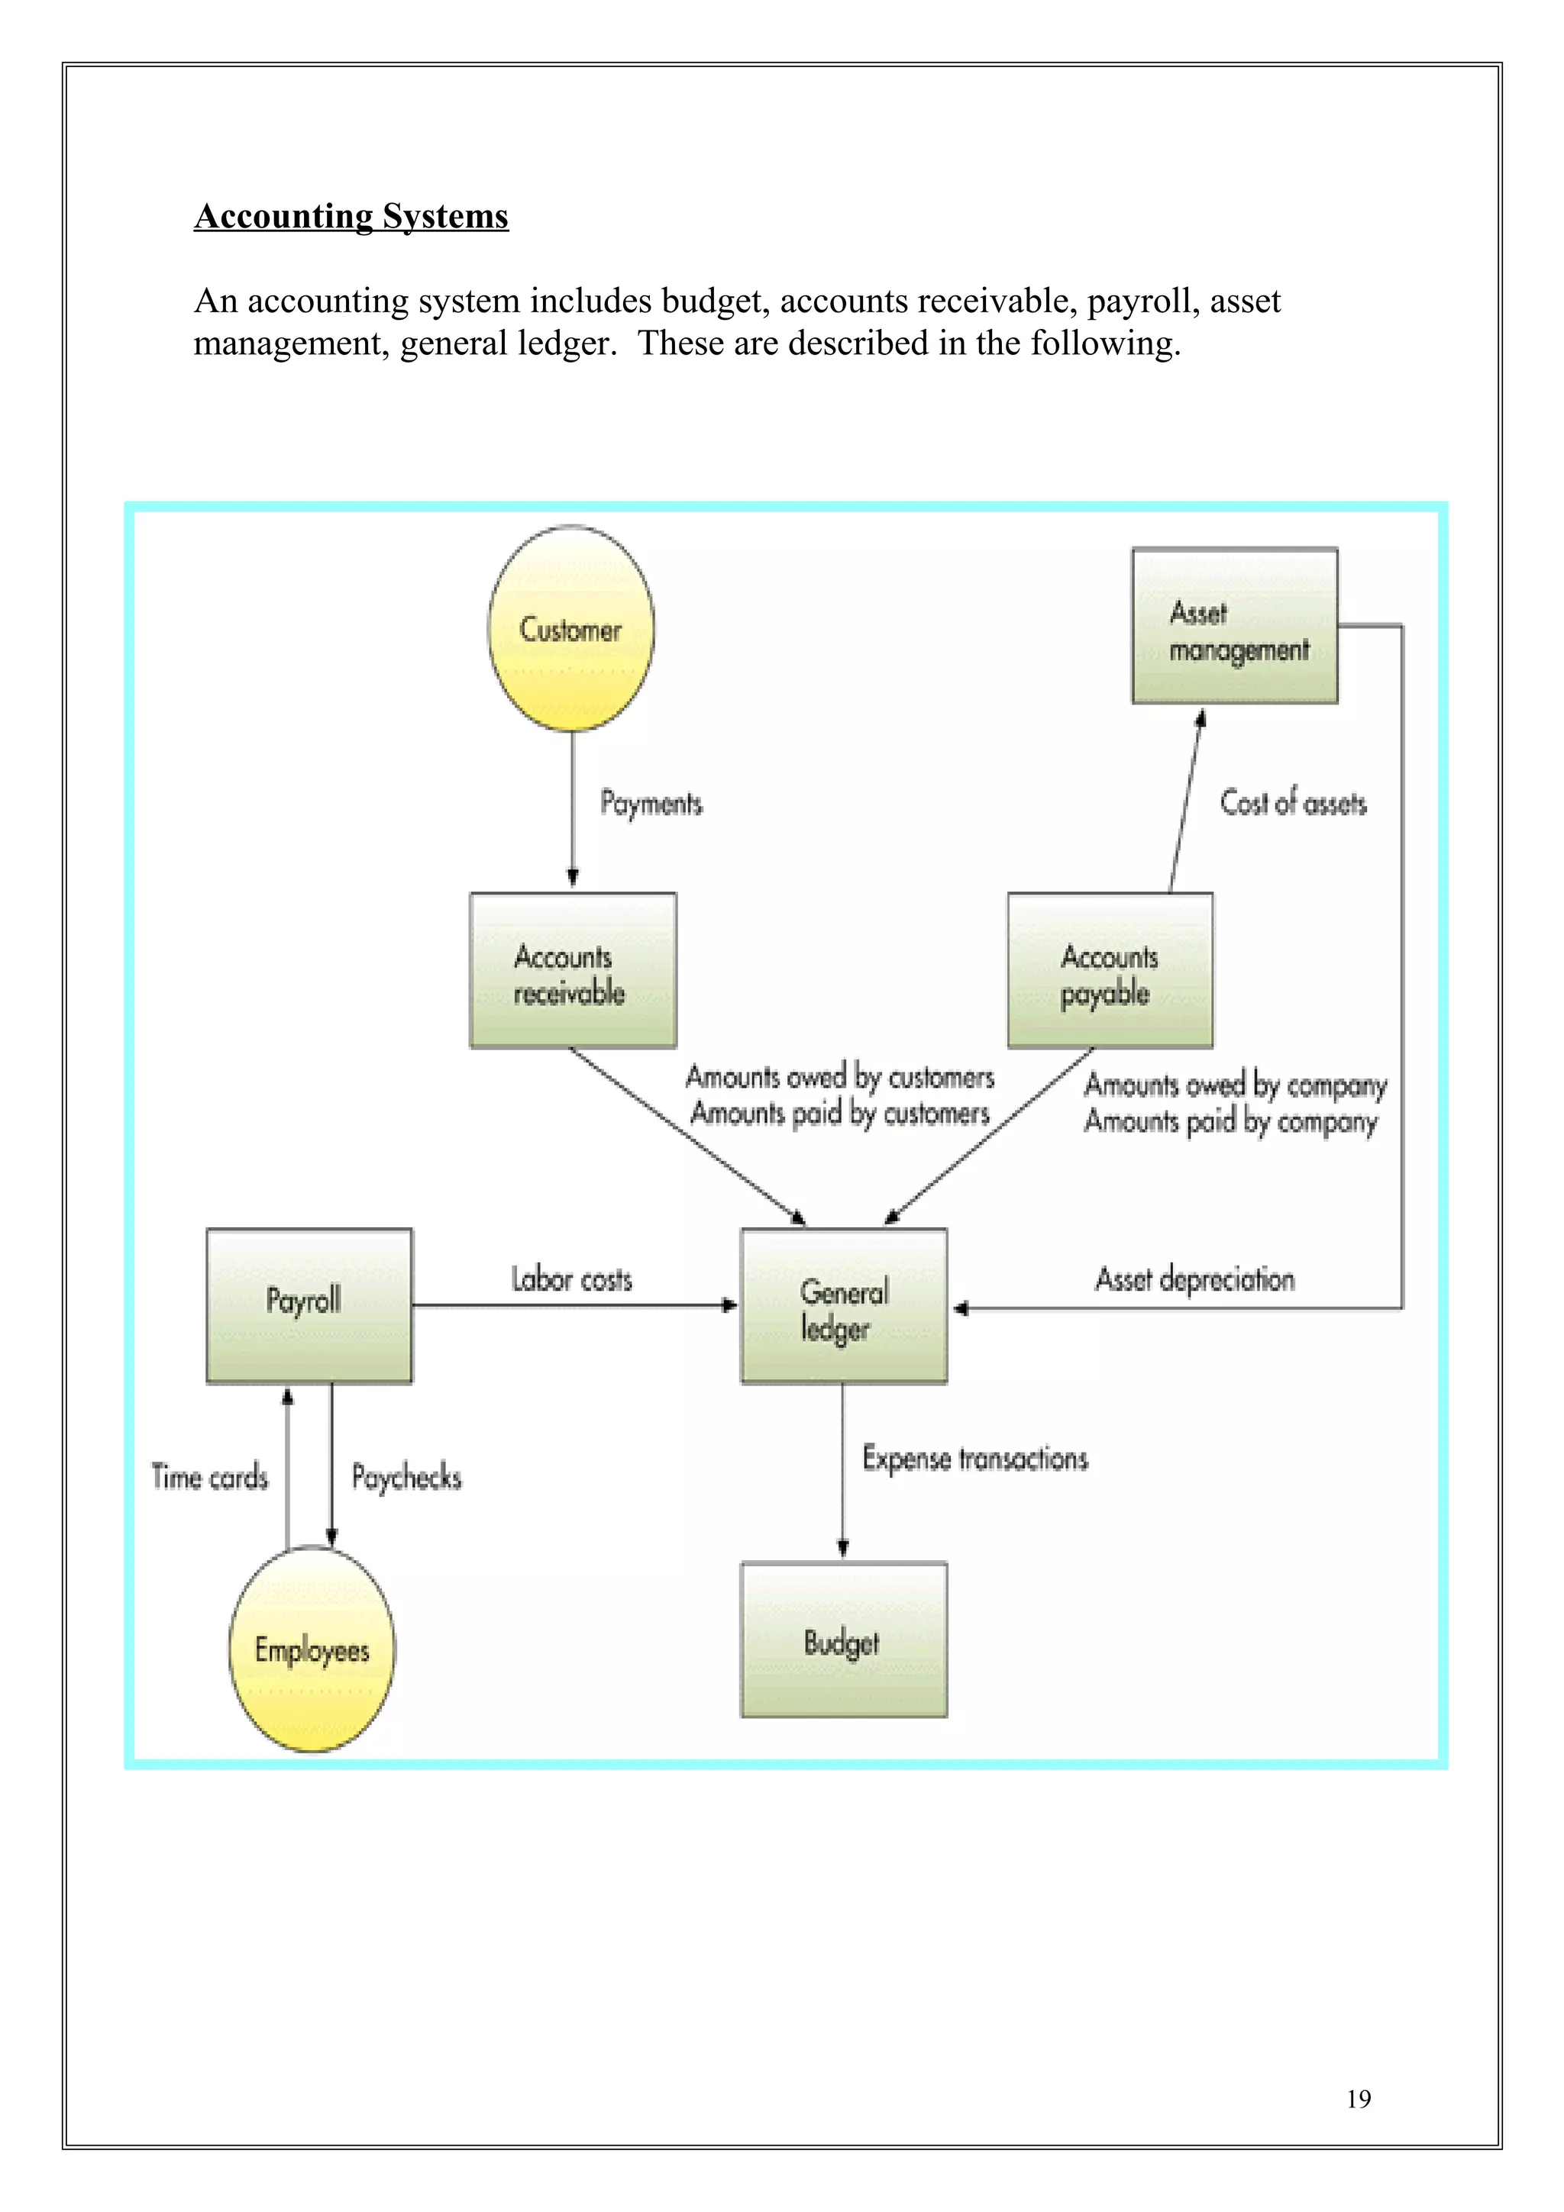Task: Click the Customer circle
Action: [x=570, y=628]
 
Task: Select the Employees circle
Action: [x=312, y=1649]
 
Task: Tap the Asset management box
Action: [x=1234, y=625]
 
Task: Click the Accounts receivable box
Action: [x=573, y=970]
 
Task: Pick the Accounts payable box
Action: [x=1110, y=970]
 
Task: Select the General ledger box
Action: [x=843, y=1307]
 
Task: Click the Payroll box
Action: [x=309, y=1305]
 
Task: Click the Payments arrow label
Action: [x=651, y=802]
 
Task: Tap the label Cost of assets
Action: [x=1293, y=802]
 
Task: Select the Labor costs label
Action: [x=571, y=1279]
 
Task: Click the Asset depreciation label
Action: [x=1195, y=1279]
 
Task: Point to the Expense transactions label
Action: [x=975, y=1459]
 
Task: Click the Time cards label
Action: [x=210, y=1477]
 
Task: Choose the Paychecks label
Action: [x=406, y=1477]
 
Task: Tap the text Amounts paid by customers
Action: [x=839, y=1114]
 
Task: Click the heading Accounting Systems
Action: [x=351, y=216]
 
